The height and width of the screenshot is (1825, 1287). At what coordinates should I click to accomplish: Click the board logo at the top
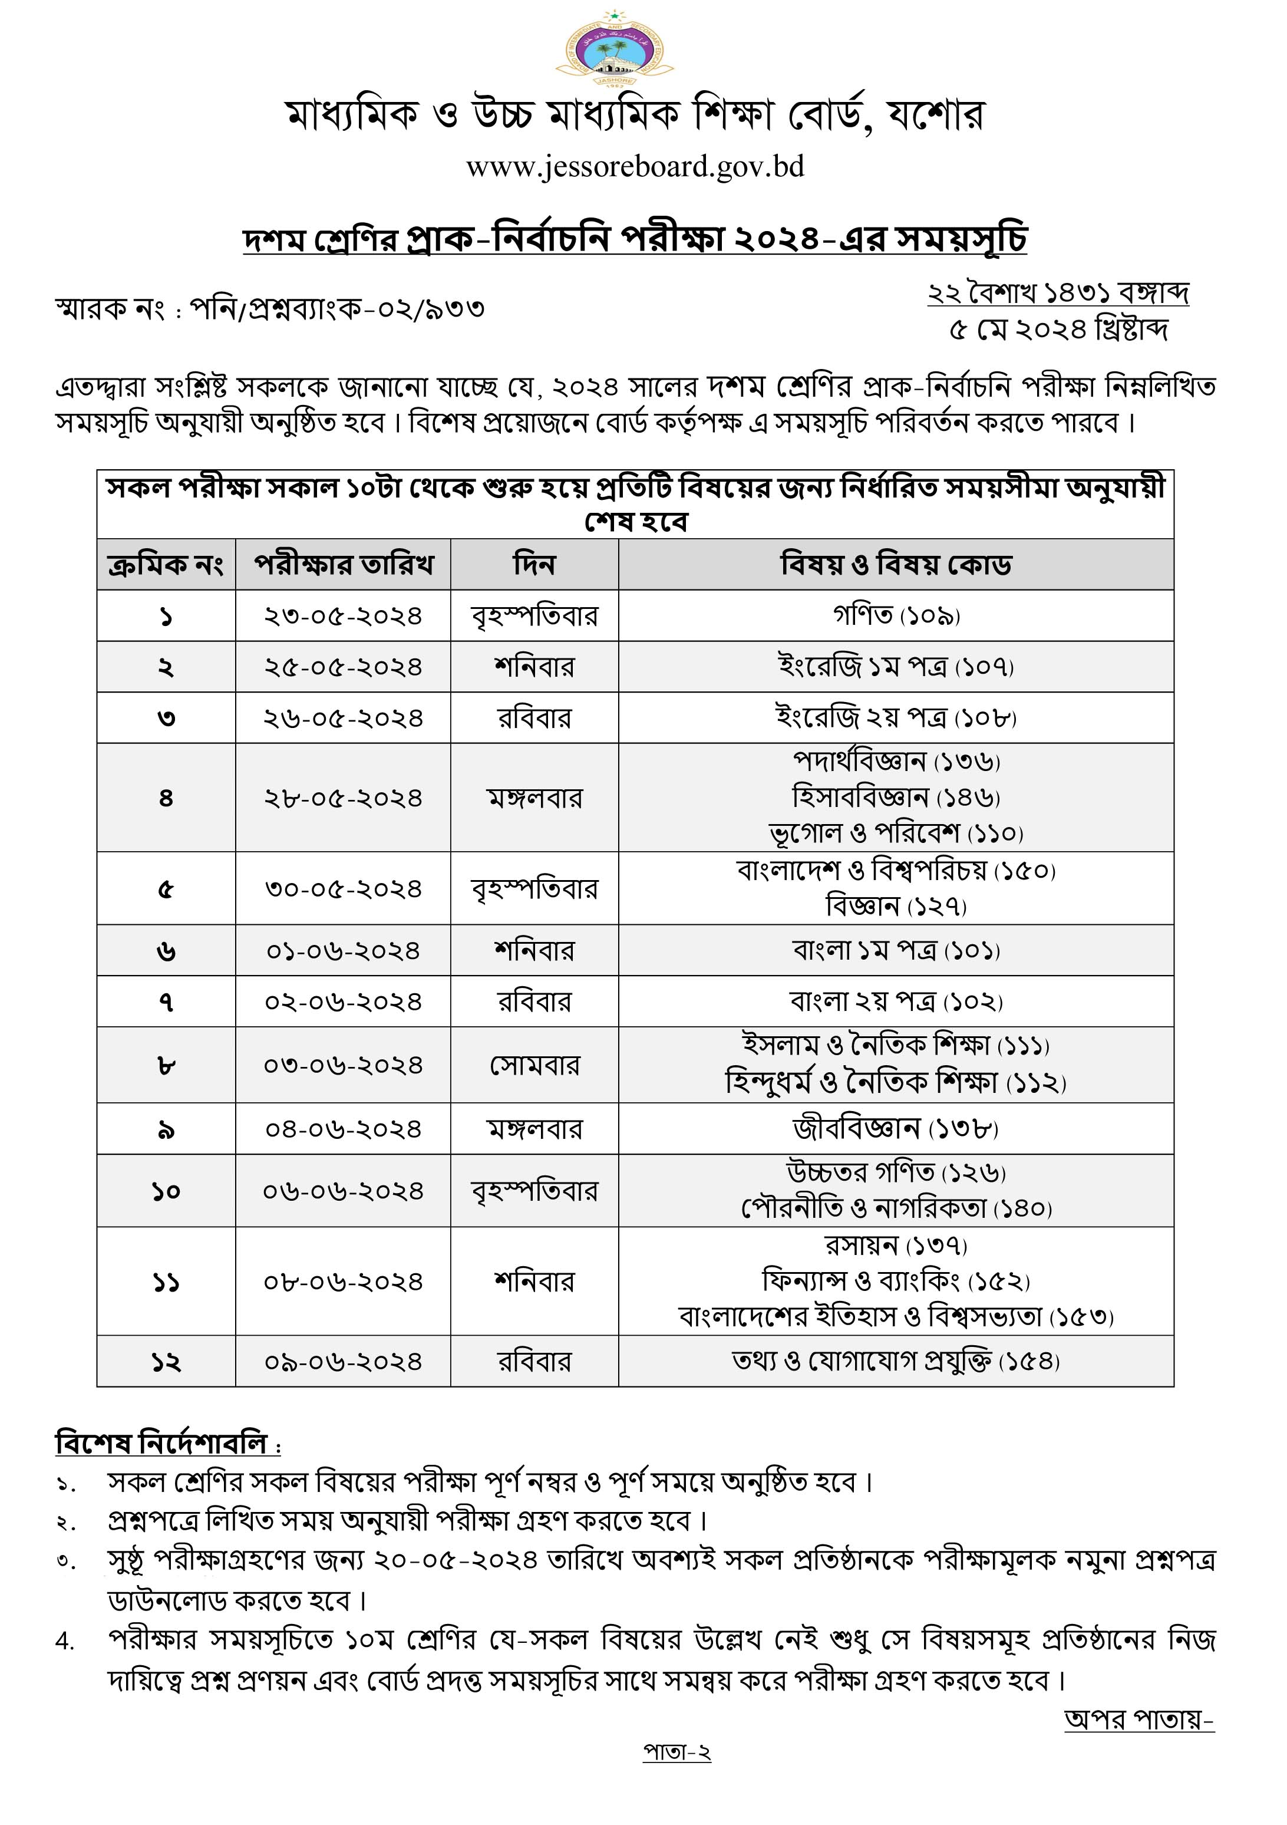pos(614,50)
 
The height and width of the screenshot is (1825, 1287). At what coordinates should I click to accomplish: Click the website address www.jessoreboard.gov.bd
pos(635,167)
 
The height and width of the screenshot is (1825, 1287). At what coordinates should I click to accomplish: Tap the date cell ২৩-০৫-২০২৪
pos(343,616)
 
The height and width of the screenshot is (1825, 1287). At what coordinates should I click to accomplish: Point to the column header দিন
pos(534,564)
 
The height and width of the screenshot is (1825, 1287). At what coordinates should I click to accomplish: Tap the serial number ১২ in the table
pos(166,1362)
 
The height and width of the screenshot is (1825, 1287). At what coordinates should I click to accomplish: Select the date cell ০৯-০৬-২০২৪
pos(343,1362)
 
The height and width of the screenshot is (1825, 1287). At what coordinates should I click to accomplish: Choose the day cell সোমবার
pos(534,1065)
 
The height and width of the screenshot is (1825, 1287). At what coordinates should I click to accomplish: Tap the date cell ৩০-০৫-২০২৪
pos(343,889)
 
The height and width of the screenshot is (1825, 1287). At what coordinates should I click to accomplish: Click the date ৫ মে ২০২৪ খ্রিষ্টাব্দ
pos(1058,329)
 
